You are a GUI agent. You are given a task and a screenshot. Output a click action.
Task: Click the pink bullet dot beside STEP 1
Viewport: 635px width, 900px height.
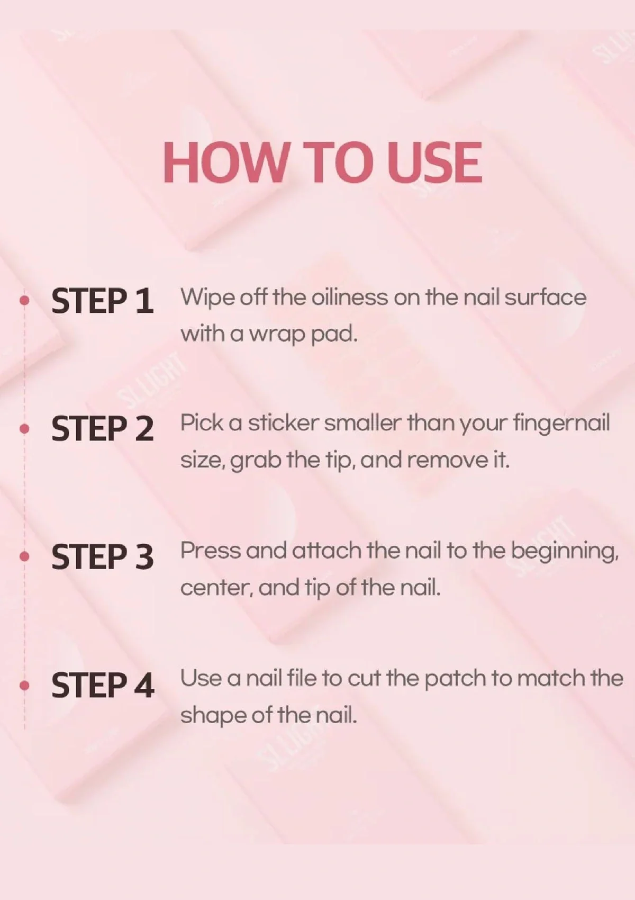(x=24, y=300)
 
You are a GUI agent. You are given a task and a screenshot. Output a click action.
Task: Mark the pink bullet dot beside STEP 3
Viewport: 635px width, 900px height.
(x=24, y=556)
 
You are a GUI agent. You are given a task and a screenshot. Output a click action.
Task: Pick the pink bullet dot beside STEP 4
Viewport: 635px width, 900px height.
(x=24, y=685)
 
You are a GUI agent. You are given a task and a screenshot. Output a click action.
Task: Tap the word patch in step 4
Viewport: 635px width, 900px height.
(x=455, y=679)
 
